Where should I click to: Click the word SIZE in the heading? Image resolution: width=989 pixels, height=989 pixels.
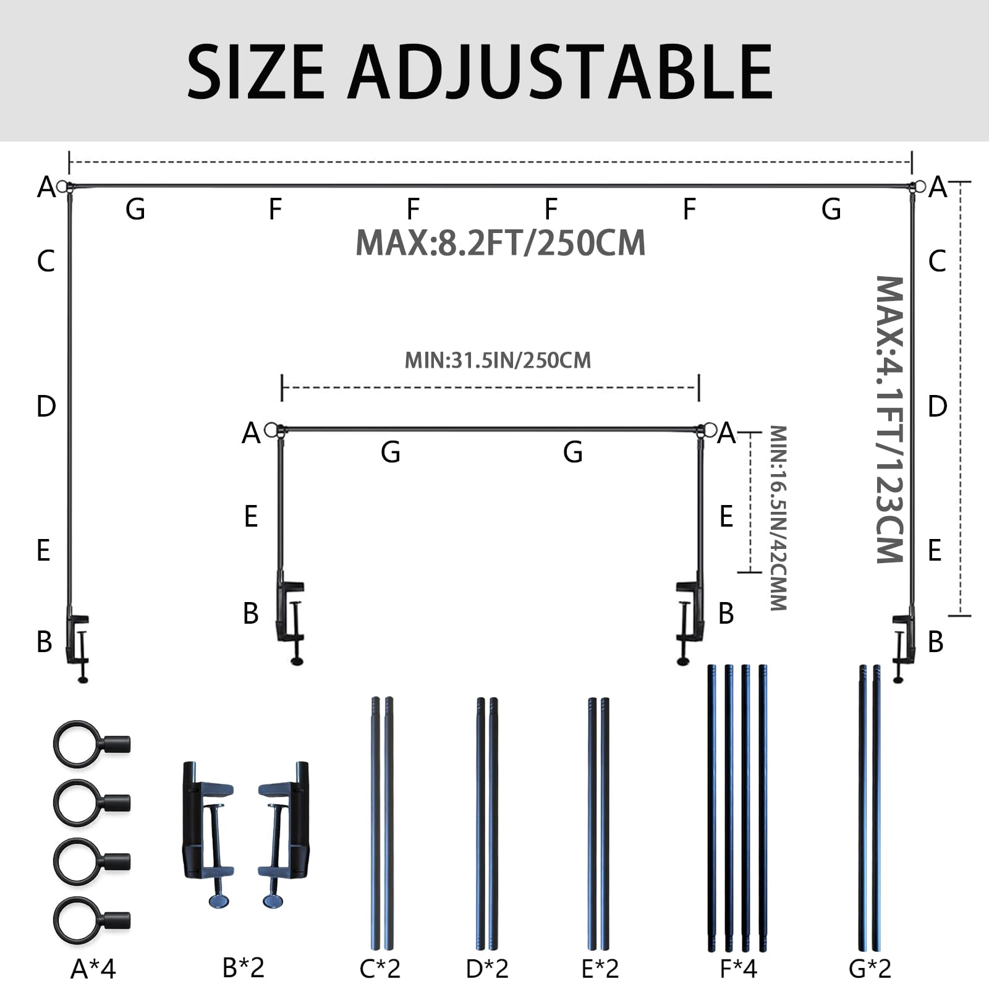(255, 72)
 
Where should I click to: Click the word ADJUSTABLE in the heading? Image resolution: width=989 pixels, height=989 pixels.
(560, 72)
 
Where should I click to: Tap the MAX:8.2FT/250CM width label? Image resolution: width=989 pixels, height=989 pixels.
(501, 242)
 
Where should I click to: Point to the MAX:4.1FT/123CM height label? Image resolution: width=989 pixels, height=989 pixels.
(890, 420)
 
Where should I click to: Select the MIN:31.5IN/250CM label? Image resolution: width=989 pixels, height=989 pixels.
(498, 360)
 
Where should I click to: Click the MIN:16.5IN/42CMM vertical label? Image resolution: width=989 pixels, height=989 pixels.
(778, 518)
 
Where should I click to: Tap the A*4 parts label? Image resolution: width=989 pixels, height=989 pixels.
(93, 969)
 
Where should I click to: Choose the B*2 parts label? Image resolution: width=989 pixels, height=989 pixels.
(244, 967)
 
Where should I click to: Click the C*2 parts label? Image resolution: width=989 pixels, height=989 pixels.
(380, 969)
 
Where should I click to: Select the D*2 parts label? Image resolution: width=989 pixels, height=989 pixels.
(487, 969)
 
